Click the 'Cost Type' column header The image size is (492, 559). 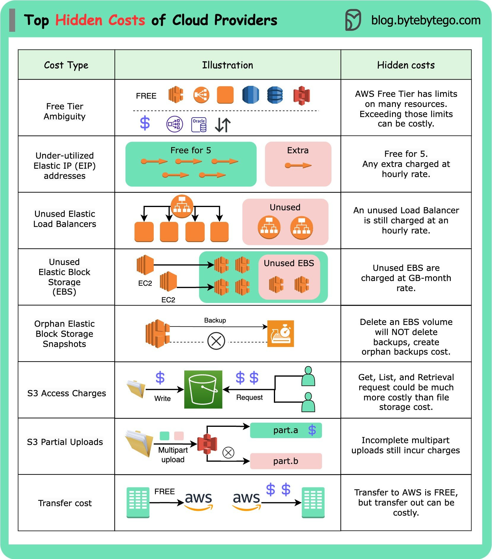tap(66, 65)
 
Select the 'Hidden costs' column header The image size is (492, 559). tap(406, 65)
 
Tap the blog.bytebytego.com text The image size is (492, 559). tap(426, 20)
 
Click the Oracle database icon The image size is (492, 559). tap(199, 124)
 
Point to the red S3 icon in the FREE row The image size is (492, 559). tap(301, 96)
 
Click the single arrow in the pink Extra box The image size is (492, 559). tap(298, 165)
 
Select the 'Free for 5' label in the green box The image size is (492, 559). tap(191, 150)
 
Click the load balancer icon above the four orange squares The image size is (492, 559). tap(182, 206)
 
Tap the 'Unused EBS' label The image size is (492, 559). tap(289, 263)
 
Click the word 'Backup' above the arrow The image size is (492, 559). tap(215, 320)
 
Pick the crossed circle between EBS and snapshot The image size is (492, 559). tap(216, 341)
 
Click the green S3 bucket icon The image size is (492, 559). tap(203, 389)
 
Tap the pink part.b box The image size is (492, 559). tap(285, 461)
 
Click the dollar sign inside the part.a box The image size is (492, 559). tap(312, 430)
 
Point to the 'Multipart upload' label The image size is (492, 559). tap(173, 454)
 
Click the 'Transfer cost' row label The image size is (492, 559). tap(65, 503)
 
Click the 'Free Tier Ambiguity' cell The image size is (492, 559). tap(65, 111)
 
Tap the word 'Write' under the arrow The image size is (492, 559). tap(162, 399)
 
